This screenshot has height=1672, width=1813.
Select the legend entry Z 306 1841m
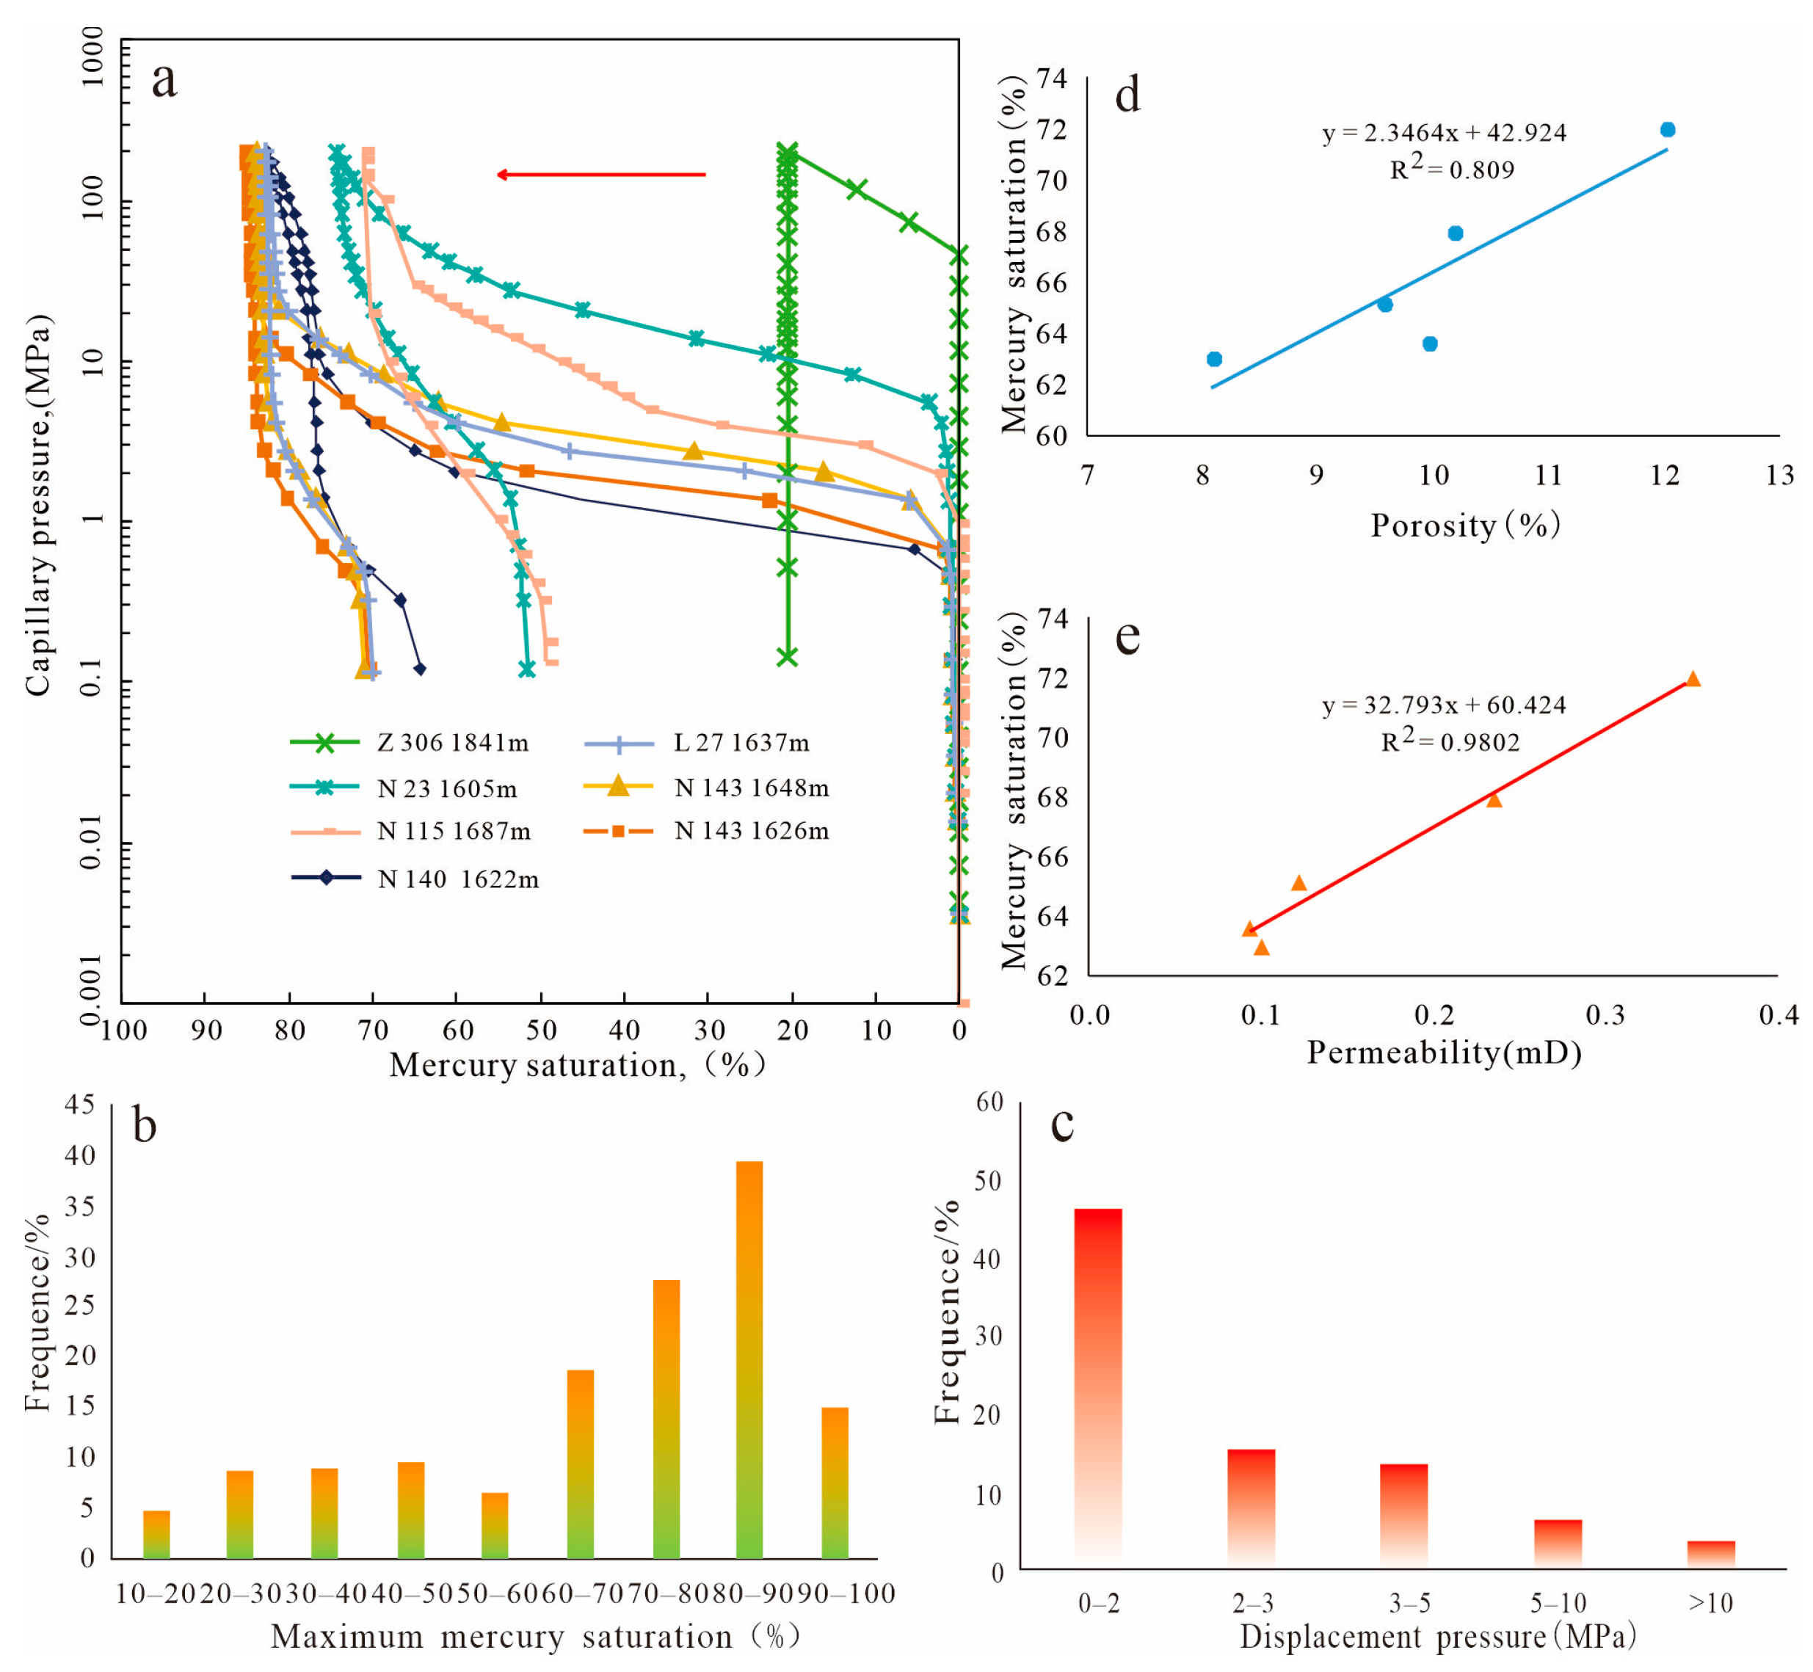[x=452, y=744]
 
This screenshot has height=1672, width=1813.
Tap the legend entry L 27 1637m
[x=741, y=744]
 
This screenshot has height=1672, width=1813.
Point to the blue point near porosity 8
[x=1214, y=359]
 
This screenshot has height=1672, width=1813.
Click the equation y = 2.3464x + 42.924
[x=1445, y=133]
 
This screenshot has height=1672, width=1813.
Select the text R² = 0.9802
[x=1450, y=742]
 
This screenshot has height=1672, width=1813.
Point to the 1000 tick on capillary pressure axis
[x=92, y=56]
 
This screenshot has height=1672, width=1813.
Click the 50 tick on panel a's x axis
[x=541, y=1031]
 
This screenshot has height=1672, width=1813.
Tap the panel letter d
[x=1127, y=95]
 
